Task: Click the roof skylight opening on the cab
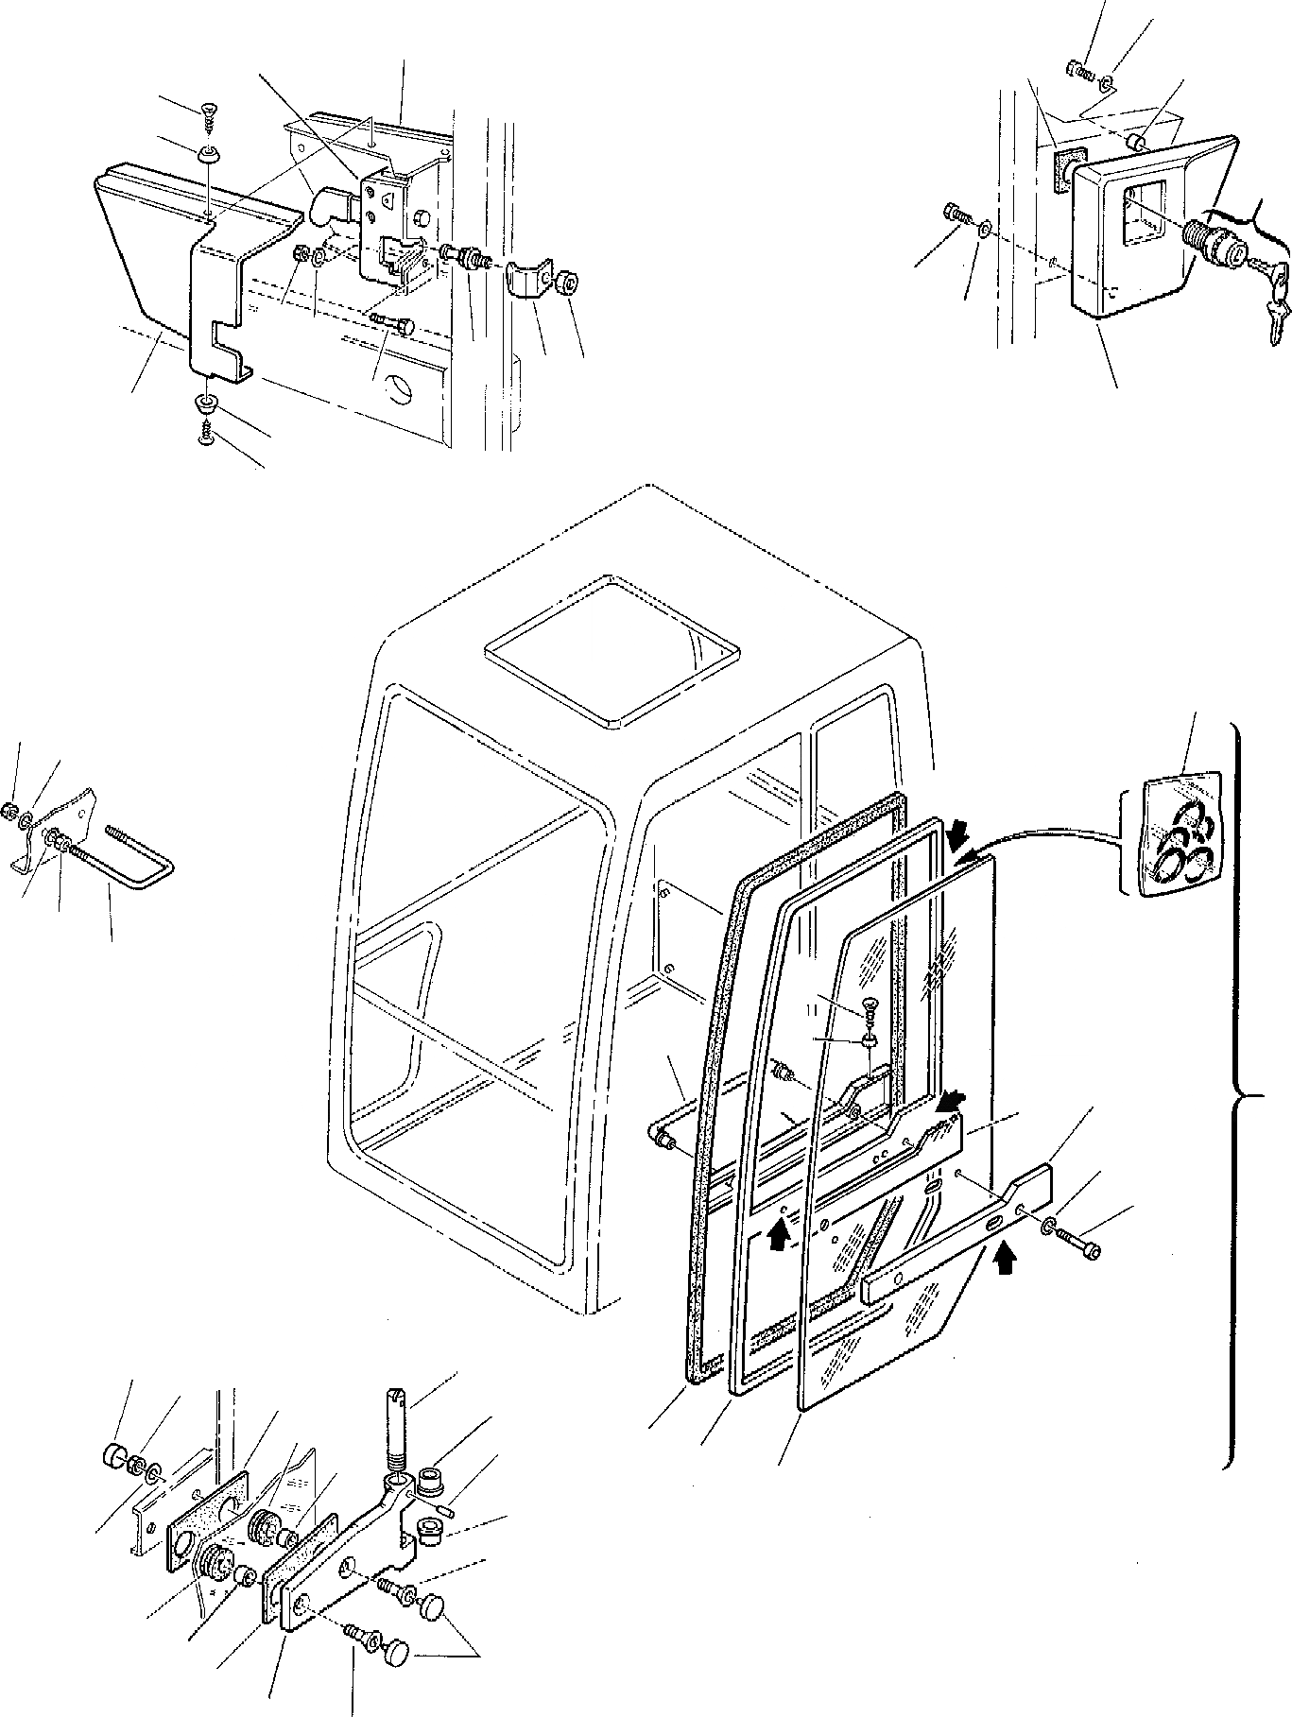coord(612,650)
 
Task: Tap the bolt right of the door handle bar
coord(1081,1248)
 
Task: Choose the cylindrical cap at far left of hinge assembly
coord(114,1479)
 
